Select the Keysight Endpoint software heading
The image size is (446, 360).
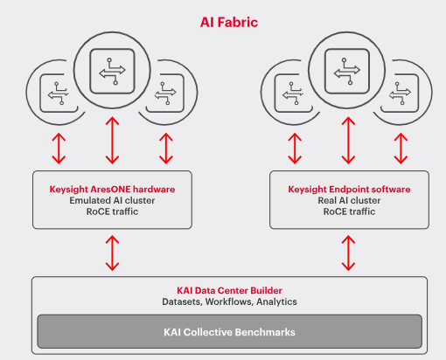(x=349, y=188)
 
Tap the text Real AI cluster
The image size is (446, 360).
(x=349, y=199)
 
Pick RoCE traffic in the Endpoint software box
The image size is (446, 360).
(x=349, y=211)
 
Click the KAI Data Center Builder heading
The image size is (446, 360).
(x=230, y=290)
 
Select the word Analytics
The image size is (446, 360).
(x=277, y=301)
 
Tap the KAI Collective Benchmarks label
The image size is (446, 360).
(x=230, y=332)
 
